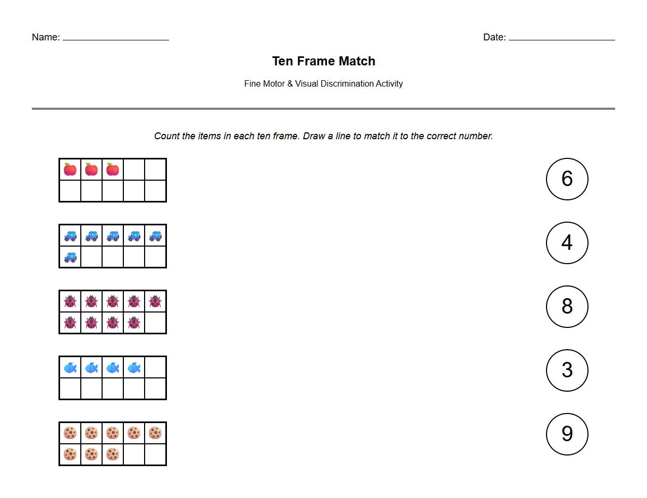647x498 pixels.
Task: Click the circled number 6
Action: coord(567,179)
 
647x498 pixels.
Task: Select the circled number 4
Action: coord(567,243)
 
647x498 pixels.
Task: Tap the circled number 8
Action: coord(567,307)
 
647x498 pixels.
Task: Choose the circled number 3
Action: coord(567,370)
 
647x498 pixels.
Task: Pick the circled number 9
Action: coord(567,434)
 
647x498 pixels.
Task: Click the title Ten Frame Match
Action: coord(323,61)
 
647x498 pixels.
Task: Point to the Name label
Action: coord(45,37)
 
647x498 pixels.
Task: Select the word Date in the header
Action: coord(494,37)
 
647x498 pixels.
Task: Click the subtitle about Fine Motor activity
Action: coord(323,83)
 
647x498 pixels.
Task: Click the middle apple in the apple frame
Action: coord(91,170)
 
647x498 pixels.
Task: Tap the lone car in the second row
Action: coord(70,257)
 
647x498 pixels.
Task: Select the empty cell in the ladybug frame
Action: coord(155,323)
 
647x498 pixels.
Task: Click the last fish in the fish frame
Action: coord(134,367)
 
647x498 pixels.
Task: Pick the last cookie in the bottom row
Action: coord(113,454)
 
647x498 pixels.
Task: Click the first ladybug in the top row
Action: coord(70,301)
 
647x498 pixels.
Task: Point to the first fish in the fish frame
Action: coord(70,367)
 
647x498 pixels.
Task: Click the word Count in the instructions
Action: coord(167,136)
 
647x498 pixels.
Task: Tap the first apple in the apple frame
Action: coord(70,170)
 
